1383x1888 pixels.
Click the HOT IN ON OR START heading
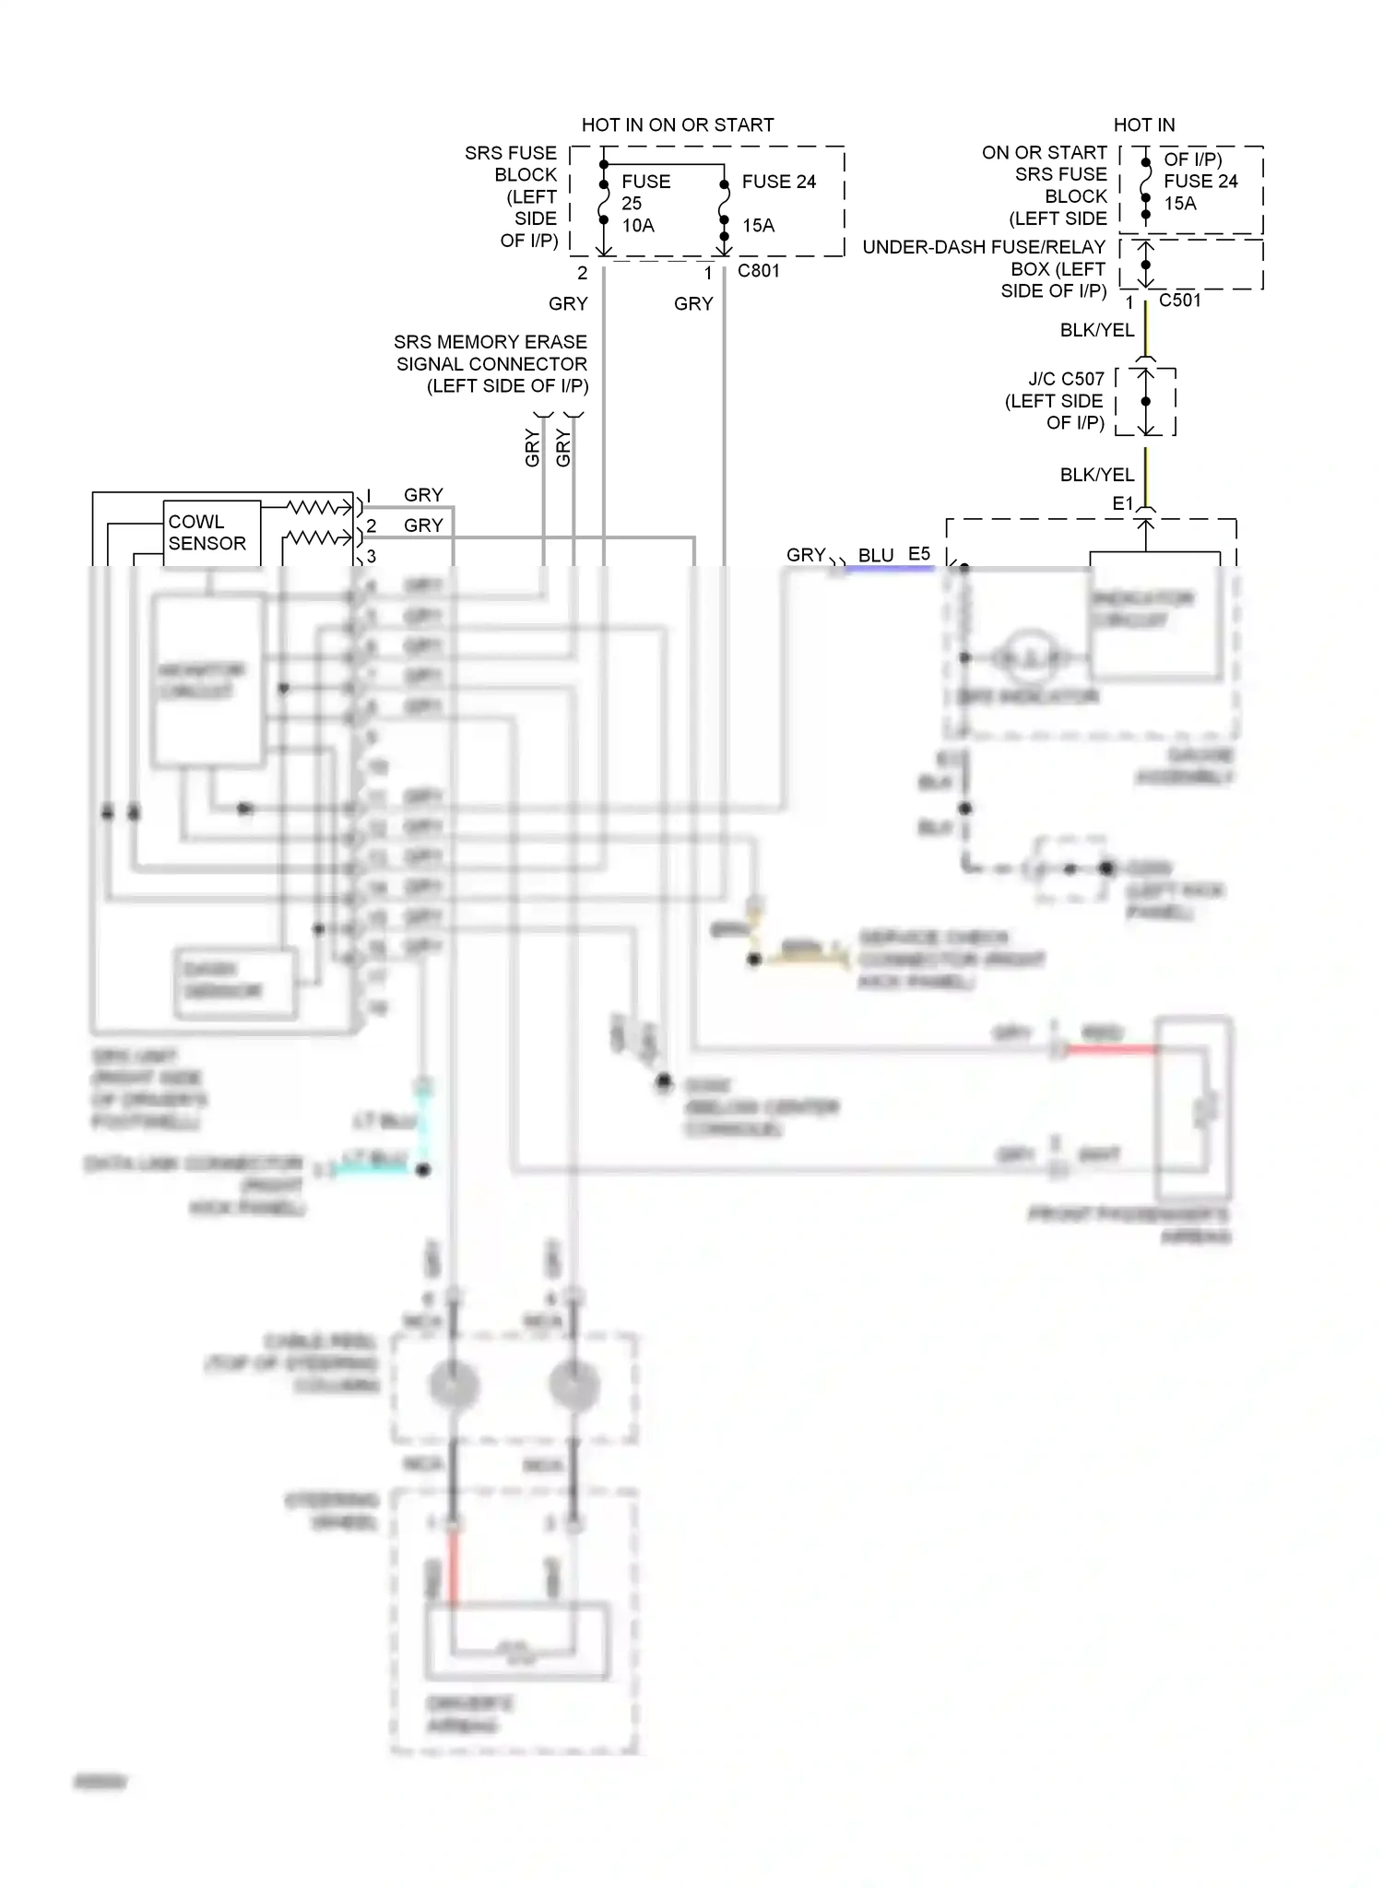[677, 124]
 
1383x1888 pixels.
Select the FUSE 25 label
[644, 192]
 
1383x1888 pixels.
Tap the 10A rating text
[637, 226]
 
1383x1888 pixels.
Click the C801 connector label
[758, 271]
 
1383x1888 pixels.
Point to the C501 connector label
[1179, 301]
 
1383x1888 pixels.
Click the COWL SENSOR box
[211, 533]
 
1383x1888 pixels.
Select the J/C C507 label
[1066, 379]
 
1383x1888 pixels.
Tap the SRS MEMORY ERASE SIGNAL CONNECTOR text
[491, 363]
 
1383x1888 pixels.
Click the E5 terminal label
[918, 554]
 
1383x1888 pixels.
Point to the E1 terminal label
[1121, 503]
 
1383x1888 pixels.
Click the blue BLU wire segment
[890, 569]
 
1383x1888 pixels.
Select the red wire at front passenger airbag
[1111, 1049]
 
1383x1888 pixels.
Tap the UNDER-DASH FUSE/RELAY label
[984, 247]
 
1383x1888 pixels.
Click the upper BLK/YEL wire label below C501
[1096, 330]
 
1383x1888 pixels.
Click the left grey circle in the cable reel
[453, 1384]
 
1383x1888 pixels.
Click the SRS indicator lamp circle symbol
[1029, 657]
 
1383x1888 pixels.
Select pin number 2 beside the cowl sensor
[372, 525]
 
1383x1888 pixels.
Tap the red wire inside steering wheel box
[453, 1567]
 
